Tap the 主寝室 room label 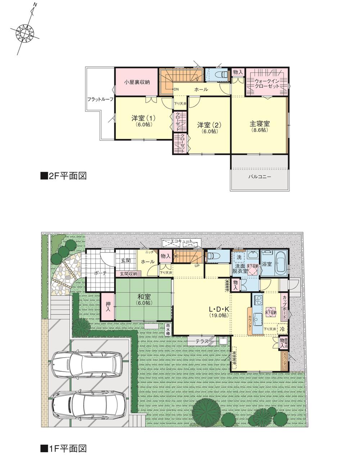[260, 124]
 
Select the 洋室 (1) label [143, 118]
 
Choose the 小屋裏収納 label [137, 82]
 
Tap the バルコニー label [259, 177]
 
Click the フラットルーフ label [100, 99]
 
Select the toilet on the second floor [221, 75]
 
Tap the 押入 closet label [108, 306]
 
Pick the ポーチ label [100, 273]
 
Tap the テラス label [203, 341]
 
